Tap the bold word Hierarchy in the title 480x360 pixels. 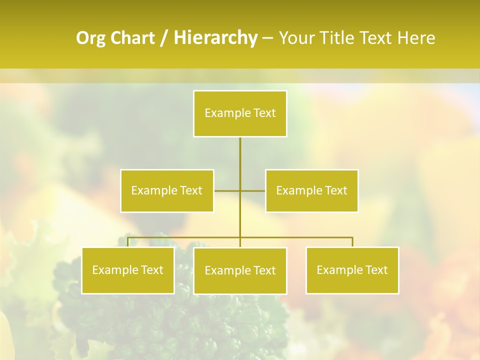(x=215, y=38)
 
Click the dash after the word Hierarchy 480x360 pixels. (x=267, y=38)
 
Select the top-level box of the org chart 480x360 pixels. (x=240, y=113)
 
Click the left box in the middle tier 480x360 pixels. (x=167, y=190)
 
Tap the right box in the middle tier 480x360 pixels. (x=311, y=190)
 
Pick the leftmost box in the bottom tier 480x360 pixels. (x=128, y=270)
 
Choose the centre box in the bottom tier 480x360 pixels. (x=240, y=271)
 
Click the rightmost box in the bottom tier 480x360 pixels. (x=352, y=270)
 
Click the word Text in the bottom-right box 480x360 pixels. (x=376, y=270)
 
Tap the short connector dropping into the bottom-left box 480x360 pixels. (x=128, y=242)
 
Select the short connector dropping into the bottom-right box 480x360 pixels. (x=352, y=242)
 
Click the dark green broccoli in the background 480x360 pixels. (x=165, y=320)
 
